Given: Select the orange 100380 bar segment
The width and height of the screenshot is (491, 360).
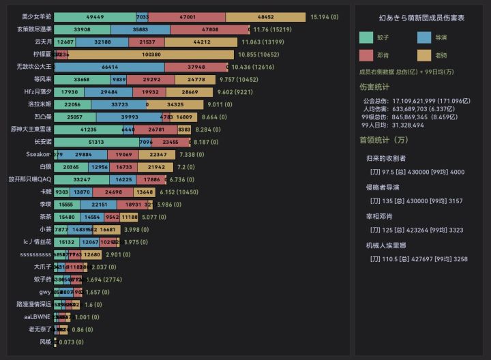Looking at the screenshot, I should tap(151, 54).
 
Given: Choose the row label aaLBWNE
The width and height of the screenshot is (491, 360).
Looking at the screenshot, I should tap(37, 317).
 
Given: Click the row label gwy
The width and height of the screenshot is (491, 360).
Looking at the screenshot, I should tap(45, 292).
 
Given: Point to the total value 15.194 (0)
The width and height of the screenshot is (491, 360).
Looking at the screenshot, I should tap(329, 16).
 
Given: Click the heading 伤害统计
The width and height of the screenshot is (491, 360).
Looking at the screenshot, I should tap(375, 87).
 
